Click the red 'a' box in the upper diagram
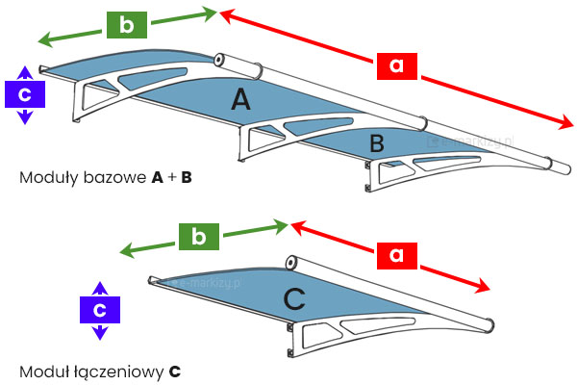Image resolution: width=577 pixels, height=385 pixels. coord(397,64)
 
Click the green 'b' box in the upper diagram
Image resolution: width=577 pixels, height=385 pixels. coord(126,25)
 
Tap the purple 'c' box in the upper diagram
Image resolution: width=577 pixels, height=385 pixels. coord(25,93)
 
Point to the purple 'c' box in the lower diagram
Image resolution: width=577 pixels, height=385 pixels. coord(98,310)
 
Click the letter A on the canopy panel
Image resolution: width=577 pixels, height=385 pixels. coord(241,99)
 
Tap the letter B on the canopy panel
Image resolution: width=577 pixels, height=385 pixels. coord(377,144)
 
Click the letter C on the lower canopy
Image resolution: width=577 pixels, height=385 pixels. coord(296,299)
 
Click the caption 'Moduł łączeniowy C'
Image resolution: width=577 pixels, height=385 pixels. coord(99,370)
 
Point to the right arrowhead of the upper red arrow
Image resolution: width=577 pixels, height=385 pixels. coord(568,125)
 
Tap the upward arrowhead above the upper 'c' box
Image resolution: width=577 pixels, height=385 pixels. coord(25,70)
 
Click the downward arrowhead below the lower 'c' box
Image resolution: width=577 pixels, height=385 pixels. coord(98,335)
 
